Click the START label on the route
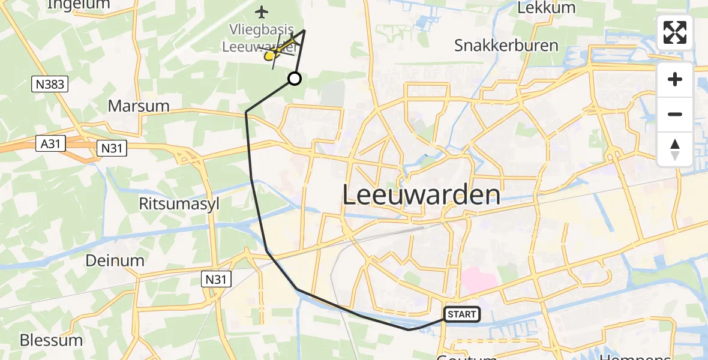pyautogui.click(x=462, y=314)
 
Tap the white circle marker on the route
pyautogui.click(x=295, y=79)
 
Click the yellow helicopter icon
pyautogui.click(x=271, y=56)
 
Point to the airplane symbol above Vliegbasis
pyautogui.click(x=262, y=11)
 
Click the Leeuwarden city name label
pyautogui.click(x=421, y=195)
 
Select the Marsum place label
pyautogui.click(x=139, y=106)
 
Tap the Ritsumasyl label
pyautogui.click(x=179, y=204)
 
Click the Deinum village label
pyautogui.click(x=115, y=260)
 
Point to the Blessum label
pyautogui.click(x=51, y=340)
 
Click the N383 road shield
pyautogui.click(x=50, y=85)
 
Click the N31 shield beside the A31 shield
pyautogui.click(x=112, y=148)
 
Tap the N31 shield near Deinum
pyautogui.click(x=215, y=278)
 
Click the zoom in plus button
pyautogui.click(x=675, y=79)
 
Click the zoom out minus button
pyautogui.click(x=675, y=114)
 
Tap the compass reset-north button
pyautogui.click(x=675, y=149)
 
